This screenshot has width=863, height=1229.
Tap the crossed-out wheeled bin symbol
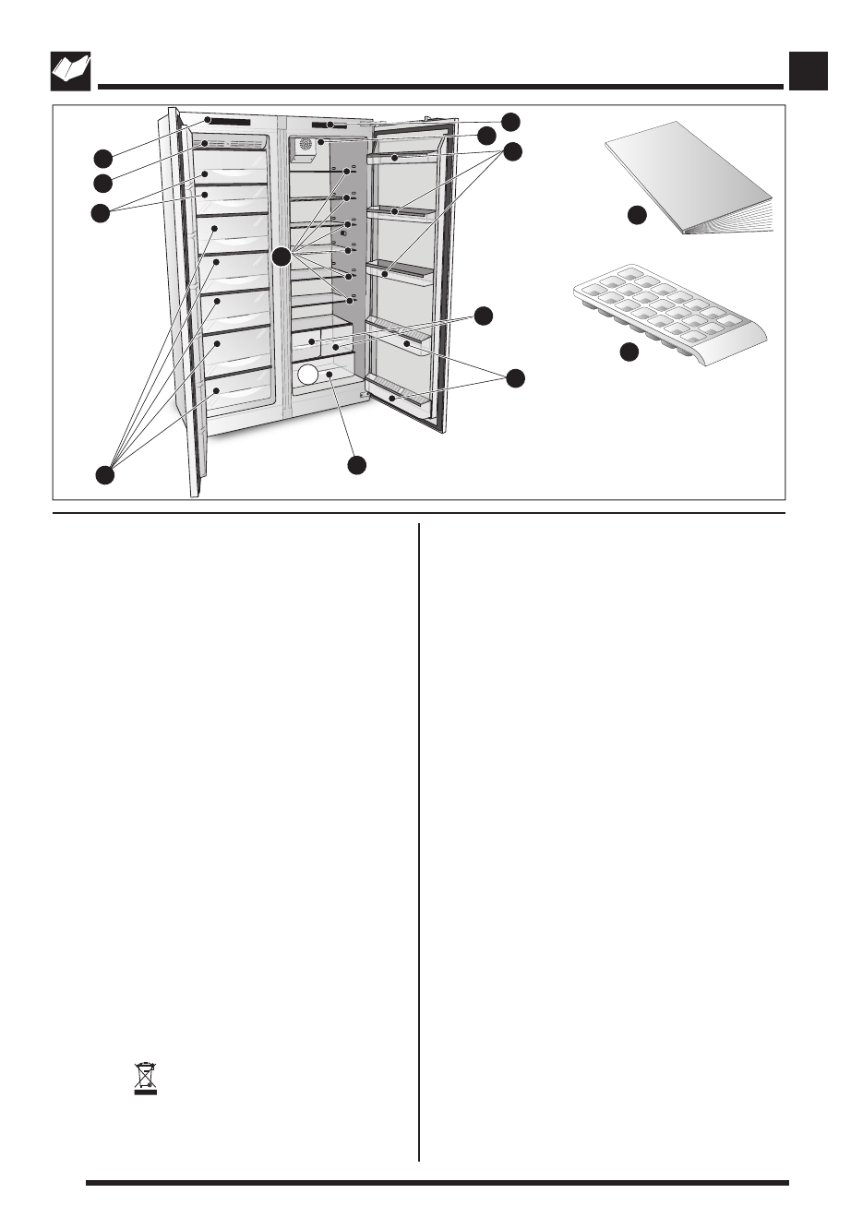(x=146, y=1079)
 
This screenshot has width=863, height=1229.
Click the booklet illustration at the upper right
(x=688, y=180)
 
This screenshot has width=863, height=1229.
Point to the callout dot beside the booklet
(x=636, y=215)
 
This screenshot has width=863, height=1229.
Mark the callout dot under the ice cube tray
(x=629, y=352)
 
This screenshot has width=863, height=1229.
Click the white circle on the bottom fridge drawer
(x=307, y=374)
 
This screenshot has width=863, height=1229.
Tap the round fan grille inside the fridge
(x=305, y=146)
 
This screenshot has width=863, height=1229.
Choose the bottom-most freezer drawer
(x=238, y=392)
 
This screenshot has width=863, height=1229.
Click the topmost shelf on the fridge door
(x=402, y=159)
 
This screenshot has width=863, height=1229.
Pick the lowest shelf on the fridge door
(x=398, y=393)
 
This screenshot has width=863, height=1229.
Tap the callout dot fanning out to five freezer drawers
(x=105, y=474)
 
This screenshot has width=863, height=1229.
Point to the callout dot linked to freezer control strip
(x=102, y=157)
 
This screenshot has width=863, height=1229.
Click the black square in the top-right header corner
(x=809, y=71)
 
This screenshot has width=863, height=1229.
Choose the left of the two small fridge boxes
(x=306, y=343)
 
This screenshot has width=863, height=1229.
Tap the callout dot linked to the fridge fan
(x=486, y=137)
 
